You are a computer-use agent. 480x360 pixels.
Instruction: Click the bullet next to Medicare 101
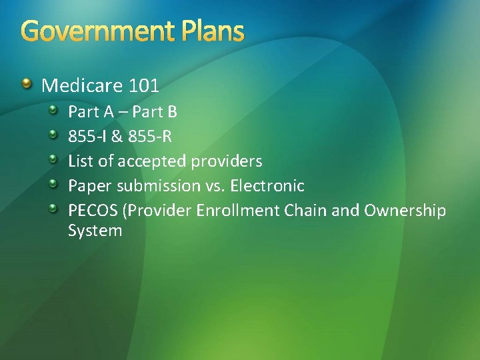click(26, 84)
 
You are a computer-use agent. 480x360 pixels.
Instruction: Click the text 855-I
click(87, 137)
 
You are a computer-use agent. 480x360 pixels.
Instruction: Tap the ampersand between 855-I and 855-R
click(116, 137)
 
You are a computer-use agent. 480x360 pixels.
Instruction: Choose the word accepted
click(153, 161)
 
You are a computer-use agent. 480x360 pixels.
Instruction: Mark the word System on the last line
click(95, 231)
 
